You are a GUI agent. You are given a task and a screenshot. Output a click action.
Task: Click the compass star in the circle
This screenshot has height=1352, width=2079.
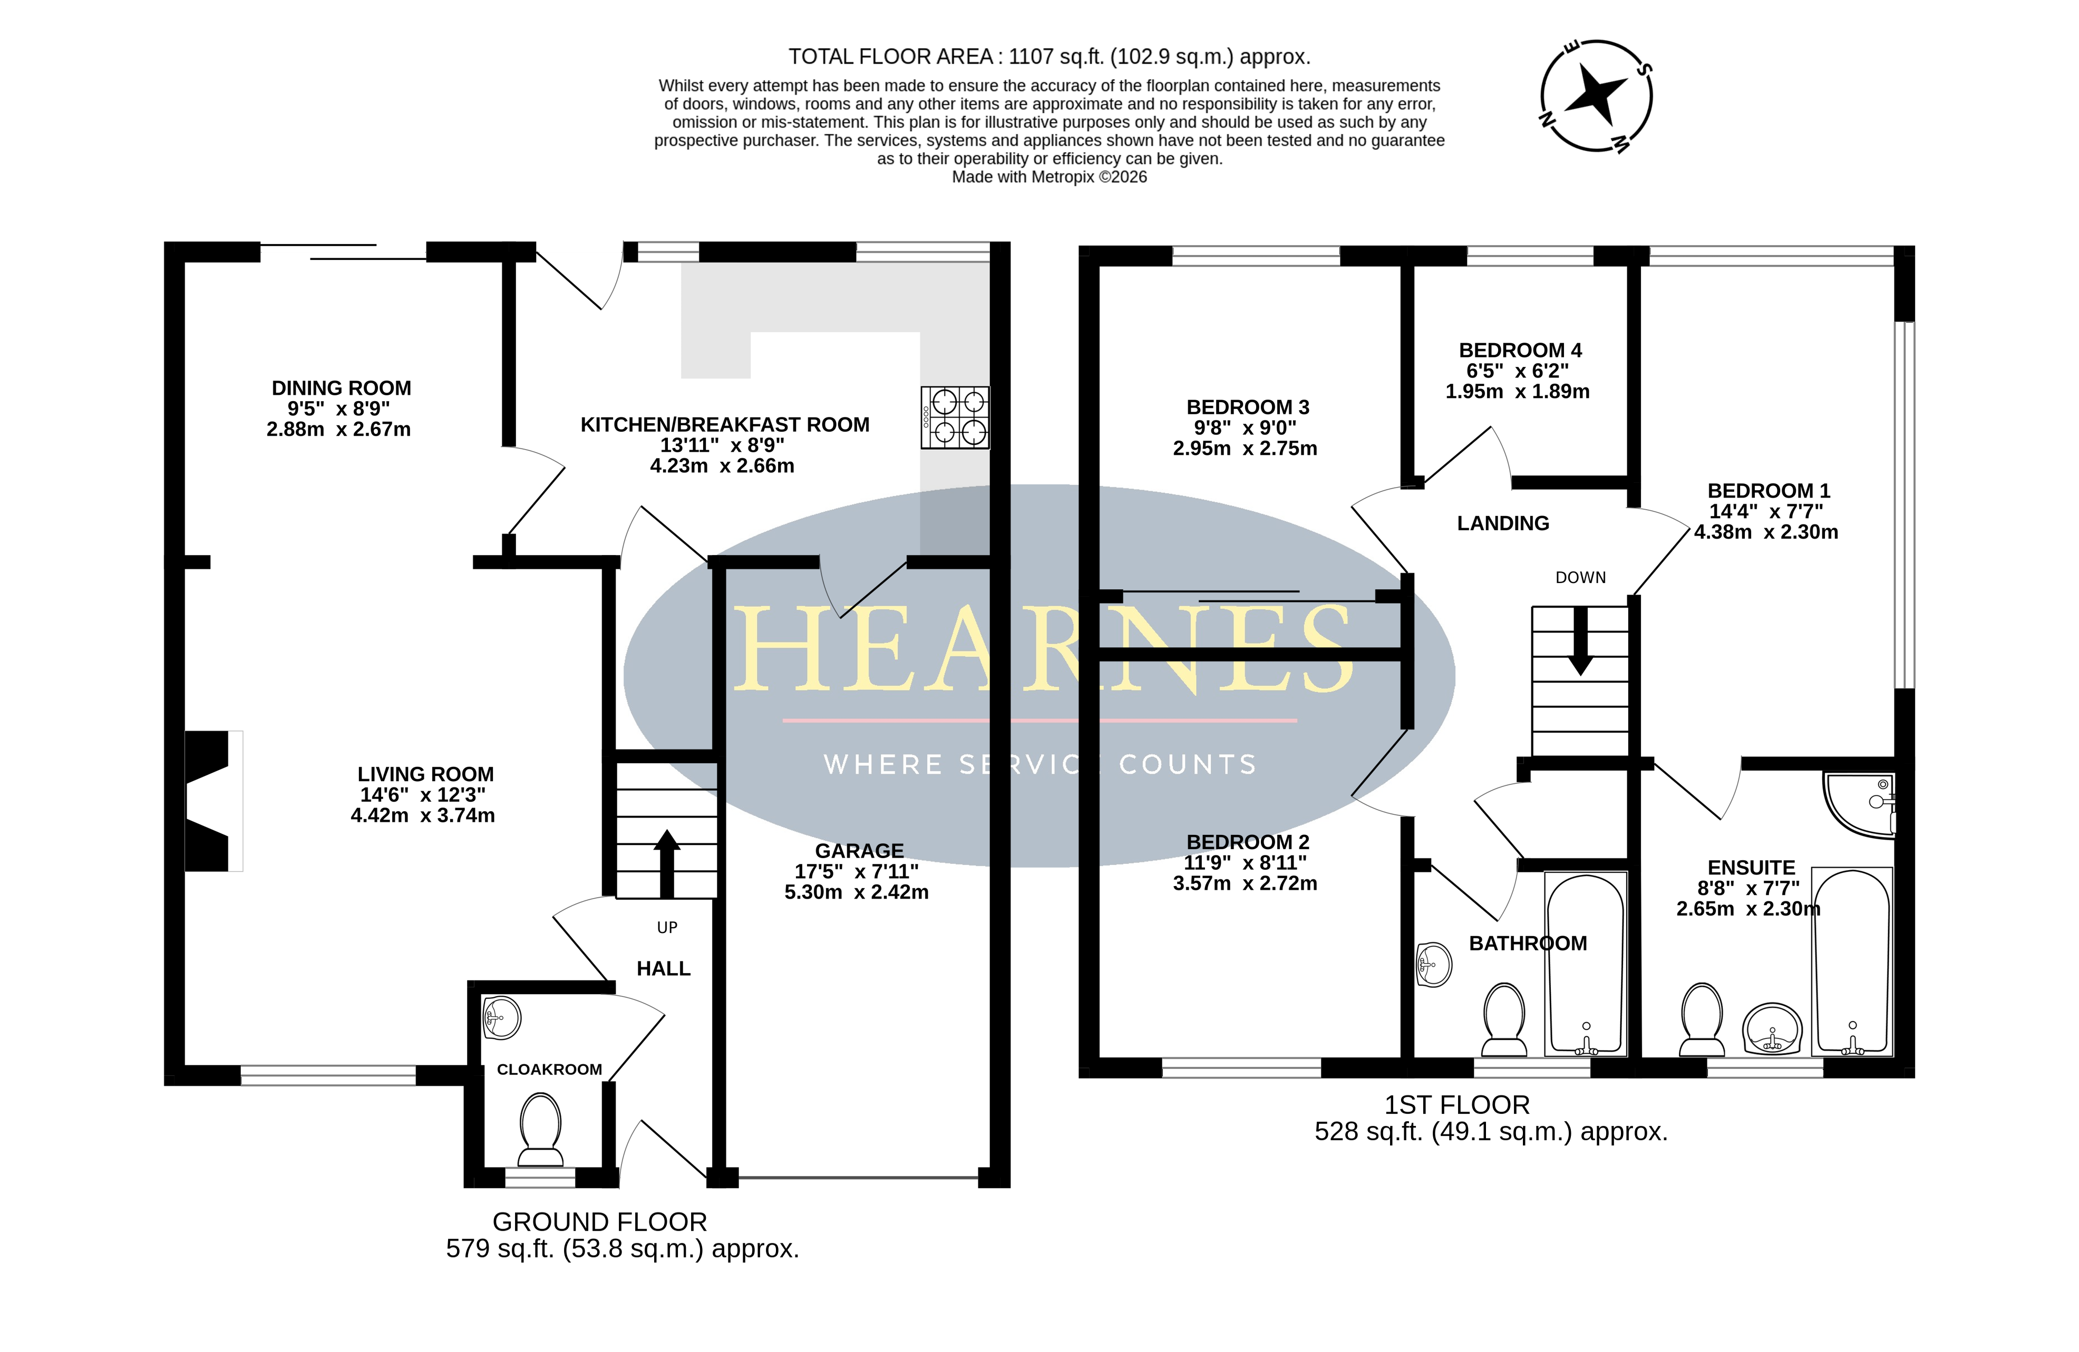pos(1596,94)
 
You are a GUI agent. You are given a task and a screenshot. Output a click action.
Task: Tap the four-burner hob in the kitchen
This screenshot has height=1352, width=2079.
pos(955,417)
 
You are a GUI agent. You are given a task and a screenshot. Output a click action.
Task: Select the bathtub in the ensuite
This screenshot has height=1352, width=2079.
pos(1852,961)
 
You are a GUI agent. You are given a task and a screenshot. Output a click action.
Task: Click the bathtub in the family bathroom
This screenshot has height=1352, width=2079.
pos(1586,964)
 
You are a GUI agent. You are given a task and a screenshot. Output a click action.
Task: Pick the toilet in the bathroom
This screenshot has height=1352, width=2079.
pos(1504,1020)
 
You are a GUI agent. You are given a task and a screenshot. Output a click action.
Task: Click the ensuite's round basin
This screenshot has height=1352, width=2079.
pos(1772,1029)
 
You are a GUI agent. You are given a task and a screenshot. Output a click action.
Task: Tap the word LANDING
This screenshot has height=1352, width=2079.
pos(1503,523)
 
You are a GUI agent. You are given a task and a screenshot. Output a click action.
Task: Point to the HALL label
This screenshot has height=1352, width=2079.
pos(664,969)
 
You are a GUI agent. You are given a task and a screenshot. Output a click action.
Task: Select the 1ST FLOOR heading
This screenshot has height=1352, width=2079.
pos(1457,1105)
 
